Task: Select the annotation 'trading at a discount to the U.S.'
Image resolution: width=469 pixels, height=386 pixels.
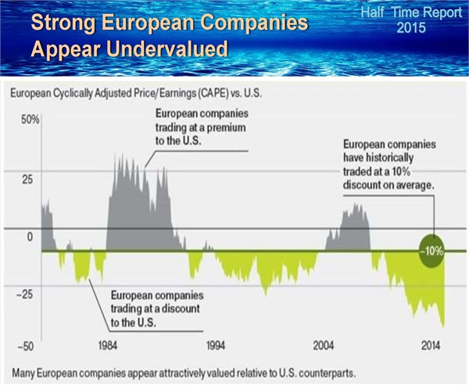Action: tap(157, 309)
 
